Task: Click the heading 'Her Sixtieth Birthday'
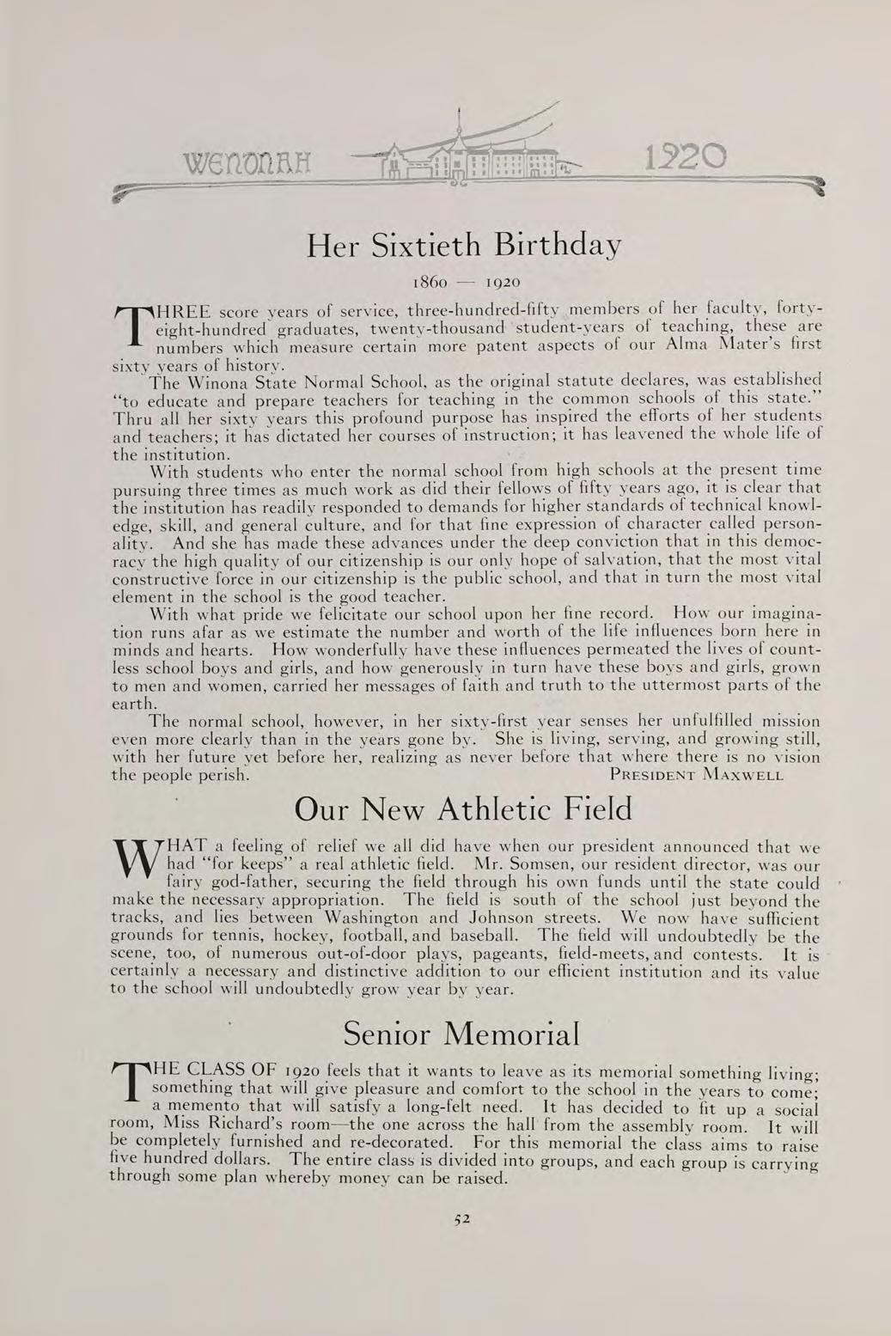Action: [x=463, y=247]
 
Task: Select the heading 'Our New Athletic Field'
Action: [x=463, y=809]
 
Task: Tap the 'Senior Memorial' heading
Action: [x=461, y=1033]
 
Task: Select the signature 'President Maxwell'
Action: [x=696, y=774]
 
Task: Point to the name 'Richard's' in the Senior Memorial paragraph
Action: [x=258, y=1126]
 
